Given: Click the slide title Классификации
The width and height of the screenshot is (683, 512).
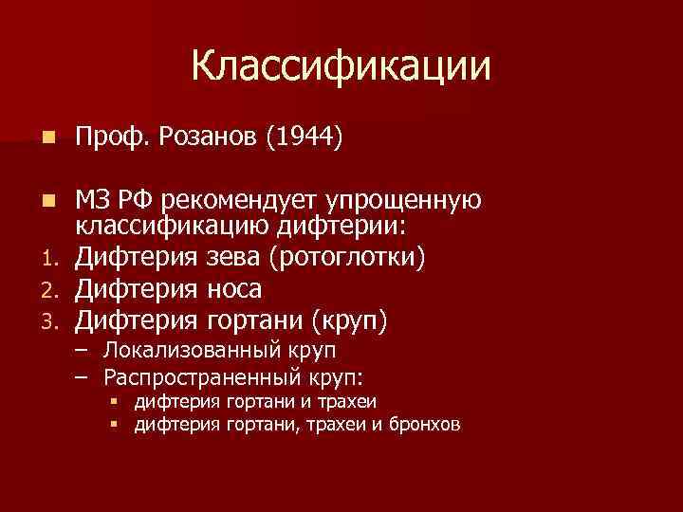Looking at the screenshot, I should pyautogui.click(x=341, y=67).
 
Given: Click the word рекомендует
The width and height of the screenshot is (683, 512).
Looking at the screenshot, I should pyautogui.click(x=242, y=201).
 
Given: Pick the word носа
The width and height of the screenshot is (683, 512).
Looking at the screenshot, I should pyautogui.click(x=229, y=288).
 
